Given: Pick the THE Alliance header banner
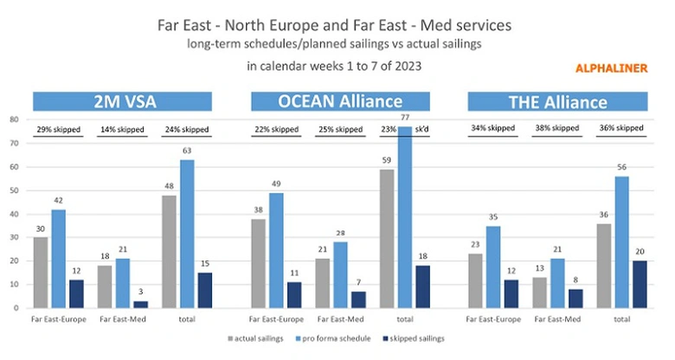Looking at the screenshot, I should coord(556,102).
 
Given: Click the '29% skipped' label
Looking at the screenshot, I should coord(58,130).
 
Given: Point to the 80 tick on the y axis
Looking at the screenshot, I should coord(13,119).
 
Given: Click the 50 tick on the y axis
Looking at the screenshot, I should coord(13,190).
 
